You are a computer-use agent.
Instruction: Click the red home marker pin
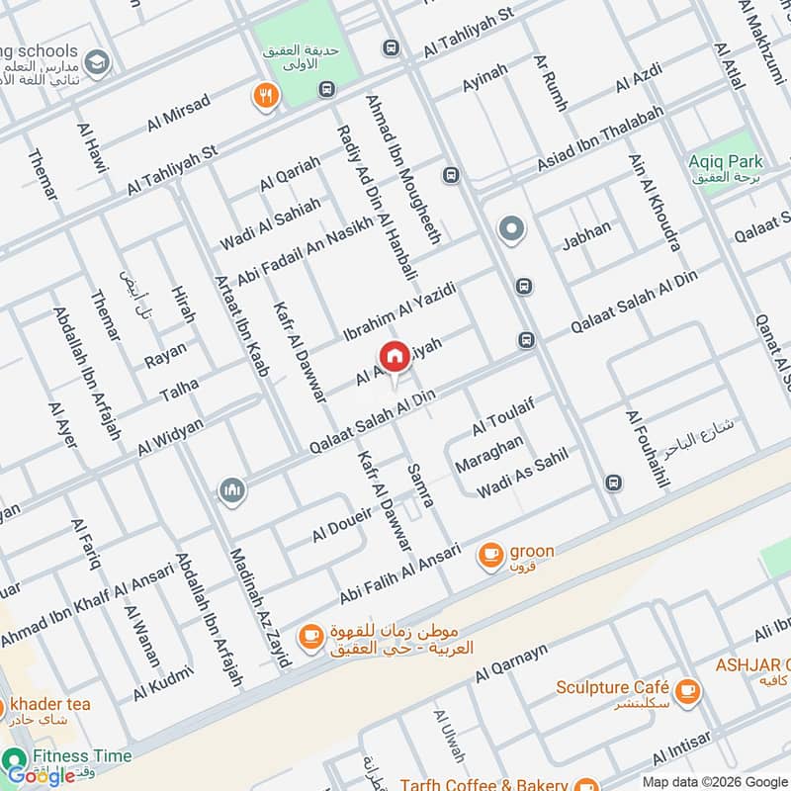(x=394, y=356)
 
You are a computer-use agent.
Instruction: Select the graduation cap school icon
(x=98, y=61)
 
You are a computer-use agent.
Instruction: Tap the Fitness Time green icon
(x=15, y=758)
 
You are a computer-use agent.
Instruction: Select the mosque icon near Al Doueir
(x=232, y=490)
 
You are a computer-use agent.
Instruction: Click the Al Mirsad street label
(x=179, y=112)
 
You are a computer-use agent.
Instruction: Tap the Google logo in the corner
(x=42, y=775)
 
